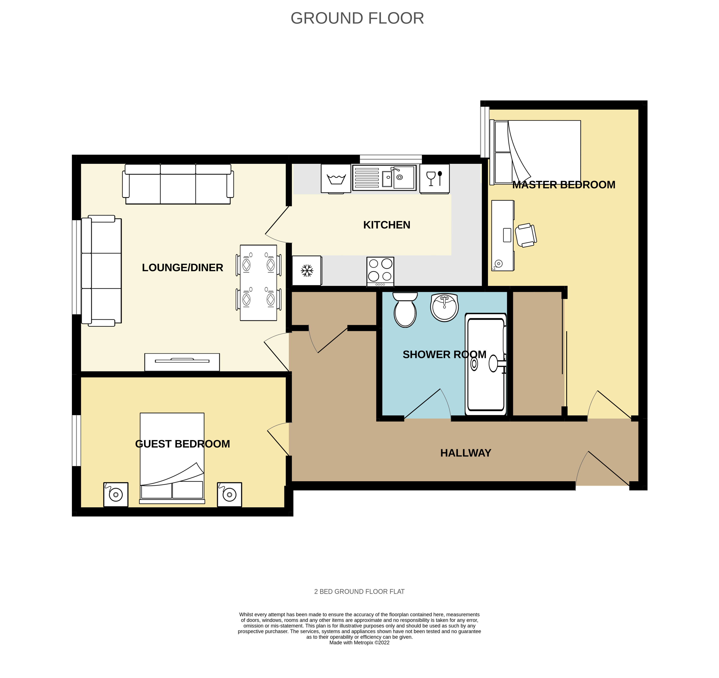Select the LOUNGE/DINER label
pos(182,268)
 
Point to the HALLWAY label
pos(465,453)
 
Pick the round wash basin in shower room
pos(444,307)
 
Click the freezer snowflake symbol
pos(307,271)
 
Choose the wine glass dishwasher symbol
pos(434,179)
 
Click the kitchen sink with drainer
pos(384,177)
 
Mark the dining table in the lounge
pos(259,283)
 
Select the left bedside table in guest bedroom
pos(116,494)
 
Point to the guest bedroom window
pos(76,440)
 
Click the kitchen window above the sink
pos(391,159)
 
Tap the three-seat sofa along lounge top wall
pos(178,184)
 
